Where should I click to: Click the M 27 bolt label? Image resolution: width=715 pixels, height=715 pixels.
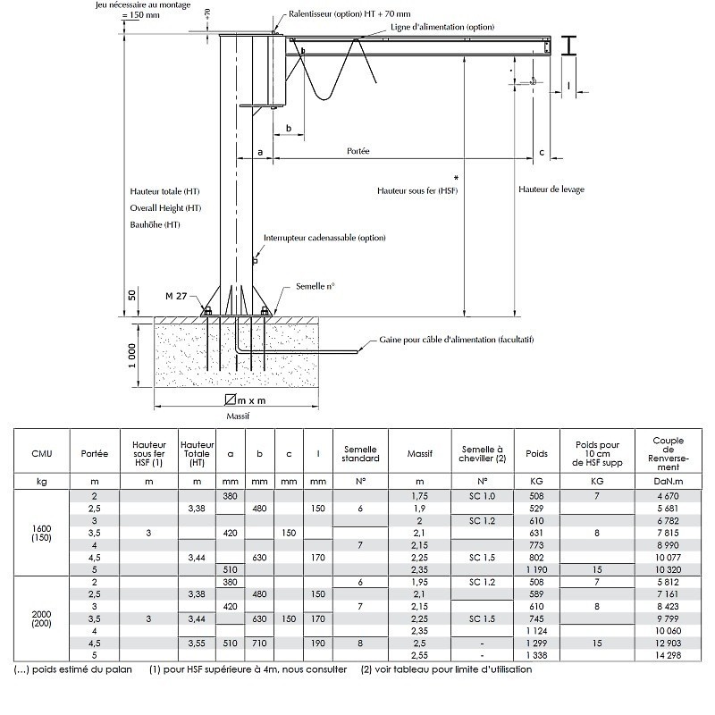[x=176, y=296]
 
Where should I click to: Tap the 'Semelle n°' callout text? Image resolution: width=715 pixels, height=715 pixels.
[x=315, y=286]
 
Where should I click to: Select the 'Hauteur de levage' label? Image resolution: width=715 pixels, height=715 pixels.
[x=551, y=189]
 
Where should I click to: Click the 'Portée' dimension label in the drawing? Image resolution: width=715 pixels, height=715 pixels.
[x=358, y=151]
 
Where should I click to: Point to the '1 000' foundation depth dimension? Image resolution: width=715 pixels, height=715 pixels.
[x=131, y=356]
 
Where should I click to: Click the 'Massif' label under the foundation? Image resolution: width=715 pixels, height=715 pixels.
[x=238, y=416]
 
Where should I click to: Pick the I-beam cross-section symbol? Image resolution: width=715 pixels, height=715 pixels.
[x=568, y=46]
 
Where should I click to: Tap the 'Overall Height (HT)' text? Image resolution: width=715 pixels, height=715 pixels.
[x=165, y=208]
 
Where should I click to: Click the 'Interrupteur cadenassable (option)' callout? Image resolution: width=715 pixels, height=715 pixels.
[x=324, y=238]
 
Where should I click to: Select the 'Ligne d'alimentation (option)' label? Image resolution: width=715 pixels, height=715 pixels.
[x=442, y=27]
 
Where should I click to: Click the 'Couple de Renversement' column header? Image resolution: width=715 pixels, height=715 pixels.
[x=668, y=454]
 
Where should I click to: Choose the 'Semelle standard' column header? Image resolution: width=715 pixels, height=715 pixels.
[x=360, y=454]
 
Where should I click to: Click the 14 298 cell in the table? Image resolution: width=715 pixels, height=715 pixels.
[x=668, y=655]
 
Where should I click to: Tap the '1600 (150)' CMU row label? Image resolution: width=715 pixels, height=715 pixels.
[x=41, y=533]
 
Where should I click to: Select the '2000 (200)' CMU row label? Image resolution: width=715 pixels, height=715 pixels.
[x=41, y=618]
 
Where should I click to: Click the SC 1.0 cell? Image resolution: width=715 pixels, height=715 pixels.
[x=482, y=496]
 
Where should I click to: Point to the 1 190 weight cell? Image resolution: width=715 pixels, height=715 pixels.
[x=536, y=569]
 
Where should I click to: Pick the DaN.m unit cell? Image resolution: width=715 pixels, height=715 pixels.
[x=668, y=481]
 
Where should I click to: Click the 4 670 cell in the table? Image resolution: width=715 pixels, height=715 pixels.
[x=668, y=496]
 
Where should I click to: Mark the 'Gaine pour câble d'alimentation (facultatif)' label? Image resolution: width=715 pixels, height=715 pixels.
[x=457, y=340]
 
